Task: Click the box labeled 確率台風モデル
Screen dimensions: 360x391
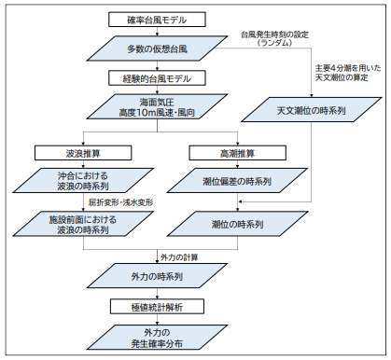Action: click(148, 20)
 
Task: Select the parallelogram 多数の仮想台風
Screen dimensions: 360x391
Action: click(148, 47)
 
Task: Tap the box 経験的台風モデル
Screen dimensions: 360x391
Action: click(148, 76)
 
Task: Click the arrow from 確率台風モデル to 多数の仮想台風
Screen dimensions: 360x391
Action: click(148, 33)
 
